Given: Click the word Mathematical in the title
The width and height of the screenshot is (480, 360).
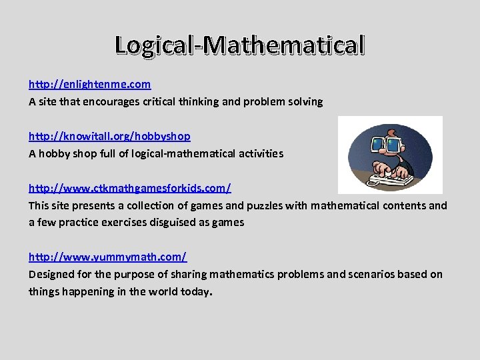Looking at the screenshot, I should point(285,45).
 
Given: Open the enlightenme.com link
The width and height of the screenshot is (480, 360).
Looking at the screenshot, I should point(89,85).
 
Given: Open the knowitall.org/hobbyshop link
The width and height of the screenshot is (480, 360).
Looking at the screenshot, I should point(109,136).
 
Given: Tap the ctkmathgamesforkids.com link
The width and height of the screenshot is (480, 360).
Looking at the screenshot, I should point(129,188).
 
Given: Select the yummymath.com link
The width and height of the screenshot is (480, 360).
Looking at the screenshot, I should point(107,257).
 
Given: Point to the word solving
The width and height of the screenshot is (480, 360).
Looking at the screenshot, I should point(305,102).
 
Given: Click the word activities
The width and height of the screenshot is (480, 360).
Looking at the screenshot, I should point(258,153).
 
